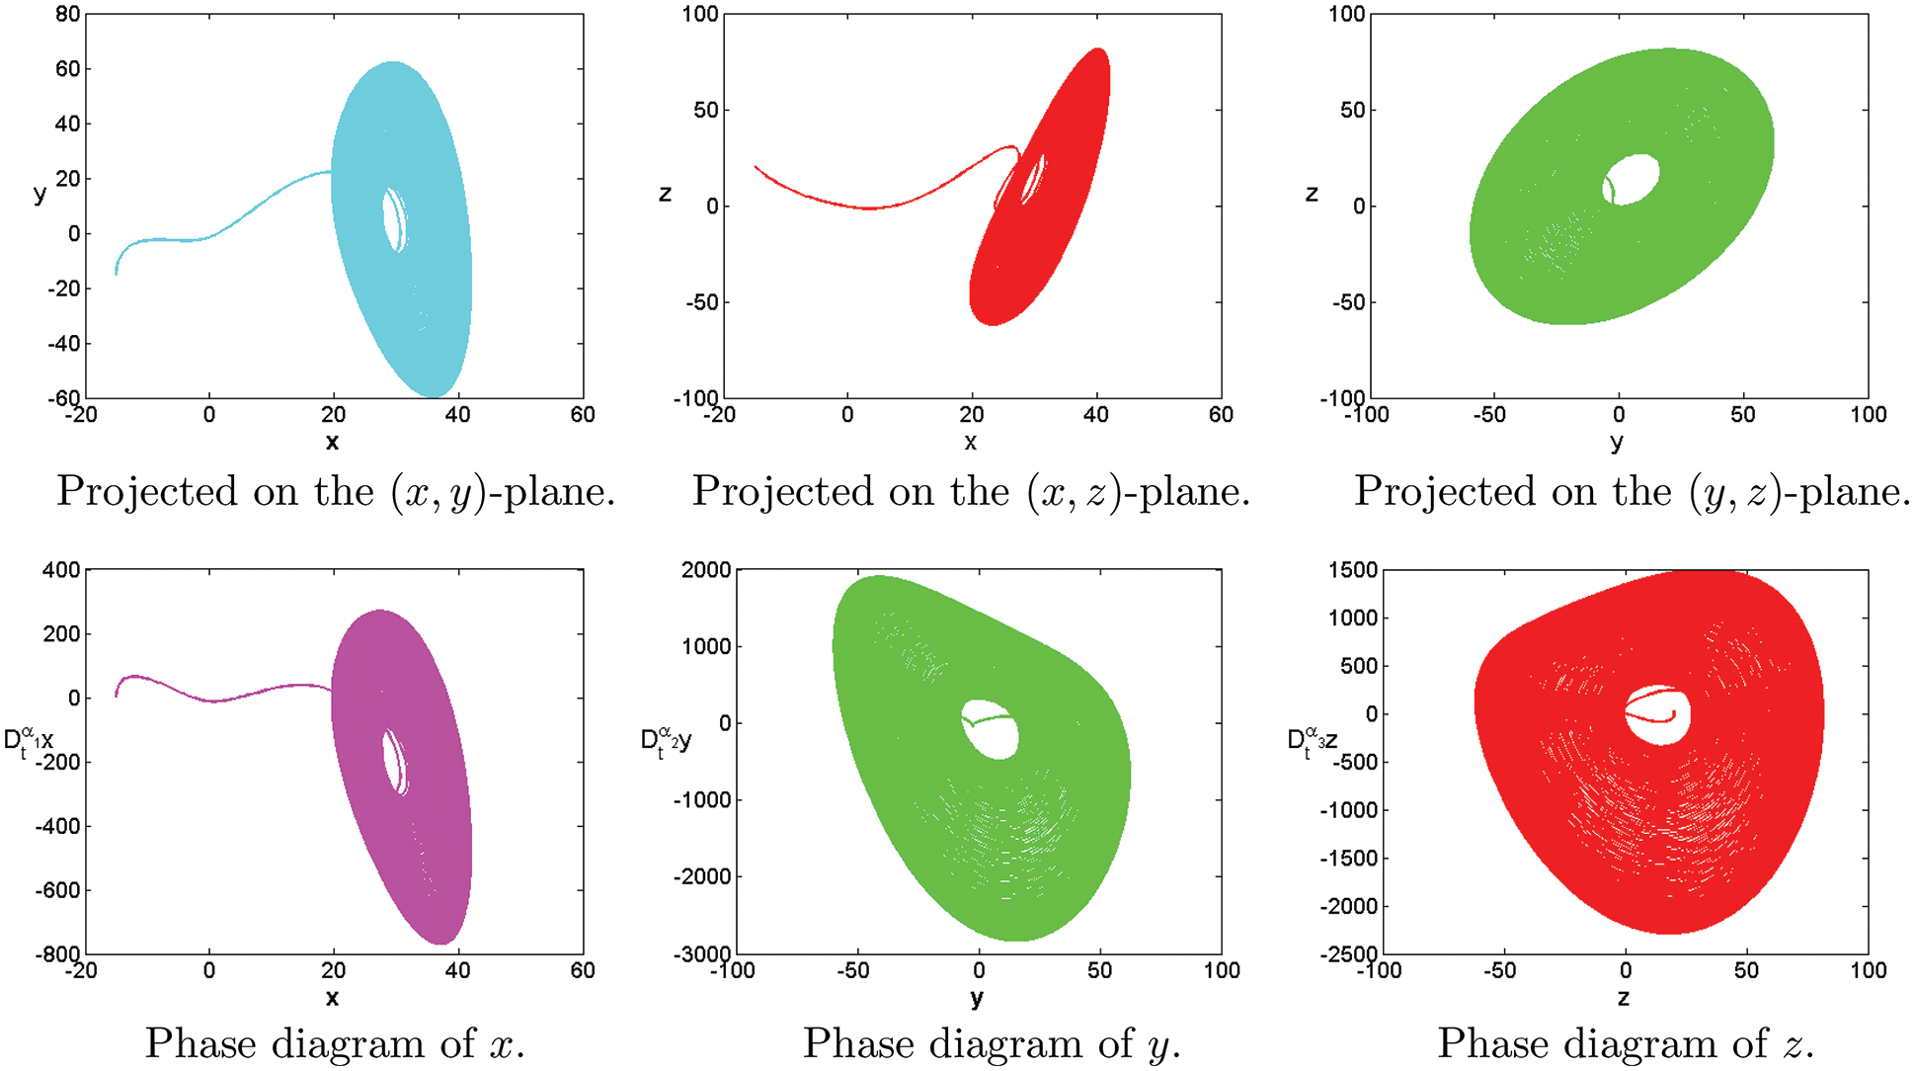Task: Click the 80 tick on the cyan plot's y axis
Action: [x=68, y=15]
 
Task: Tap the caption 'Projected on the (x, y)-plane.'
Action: [x=336, y=491]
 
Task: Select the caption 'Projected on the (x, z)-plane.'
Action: [x=971, y=491]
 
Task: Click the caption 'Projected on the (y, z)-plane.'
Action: [x=1632, y=491]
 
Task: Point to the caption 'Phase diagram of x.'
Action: [x=336, y=1043]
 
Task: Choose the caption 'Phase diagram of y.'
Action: [x=992, y=1043]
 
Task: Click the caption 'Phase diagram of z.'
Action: [x=1626, y=1043]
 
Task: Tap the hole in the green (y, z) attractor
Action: [x=1633, y=179]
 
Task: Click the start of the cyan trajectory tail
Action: [x=117, y=273]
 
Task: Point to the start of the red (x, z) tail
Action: [x=756, y=167]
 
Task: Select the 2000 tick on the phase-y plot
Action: [x=706, y=570]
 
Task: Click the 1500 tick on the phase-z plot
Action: [x=1352, y=570]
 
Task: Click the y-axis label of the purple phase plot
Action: [x=29, y=742]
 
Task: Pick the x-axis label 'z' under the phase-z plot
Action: [x=1624, y=998]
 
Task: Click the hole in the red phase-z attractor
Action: [x=1658, y=714]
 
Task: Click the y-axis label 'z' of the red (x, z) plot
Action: [x=665, y=194]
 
